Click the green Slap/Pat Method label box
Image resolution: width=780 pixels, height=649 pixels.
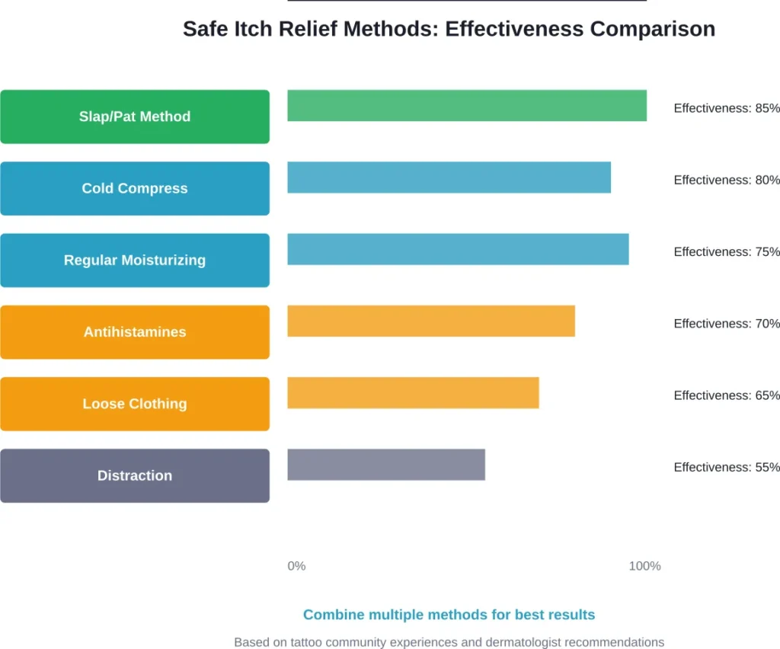[135, 117]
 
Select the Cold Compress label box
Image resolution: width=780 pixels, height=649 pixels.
[135, 188]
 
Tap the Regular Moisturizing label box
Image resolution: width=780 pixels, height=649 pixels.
[135, 260]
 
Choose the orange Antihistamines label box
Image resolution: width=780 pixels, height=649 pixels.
[135, 332]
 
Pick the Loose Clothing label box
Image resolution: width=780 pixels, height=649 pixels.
[135, 404]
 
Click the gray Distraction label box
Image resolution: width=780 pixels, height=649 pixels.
[135, 475]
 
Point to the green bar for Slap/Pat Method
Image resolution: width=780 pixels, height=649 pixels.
[466, 105]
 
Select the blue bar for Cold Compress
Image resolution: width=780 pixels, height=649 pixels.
[449, 177]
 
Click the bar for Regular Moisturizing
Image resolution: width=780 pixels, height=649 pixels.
[458, 249]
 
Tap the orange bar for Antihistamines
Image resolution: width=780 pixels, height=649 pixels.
[430, 321]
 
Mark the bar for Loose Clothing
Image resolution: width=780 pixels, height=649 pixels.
[413, 392]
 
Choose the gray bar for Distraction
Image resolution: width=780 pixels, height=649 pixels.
[385, 465]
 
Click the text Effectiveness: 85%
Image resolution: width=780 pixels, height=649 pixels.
[726, 108]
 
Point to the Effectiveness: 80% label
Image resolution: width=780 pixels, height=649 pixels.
[726, 180]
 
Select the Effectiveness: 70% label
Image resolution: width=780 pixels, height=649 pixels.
[726, 324]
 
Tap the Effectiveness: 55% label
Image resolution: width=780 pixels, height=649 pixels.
[726, 467]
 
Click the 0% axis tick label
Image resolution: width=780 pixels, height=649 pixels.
[296, 566]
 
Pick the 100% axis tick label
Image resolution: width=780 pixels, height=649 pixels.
[644, 566]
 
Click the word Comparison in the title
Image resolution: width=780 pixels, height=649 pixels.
[653, 29]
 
